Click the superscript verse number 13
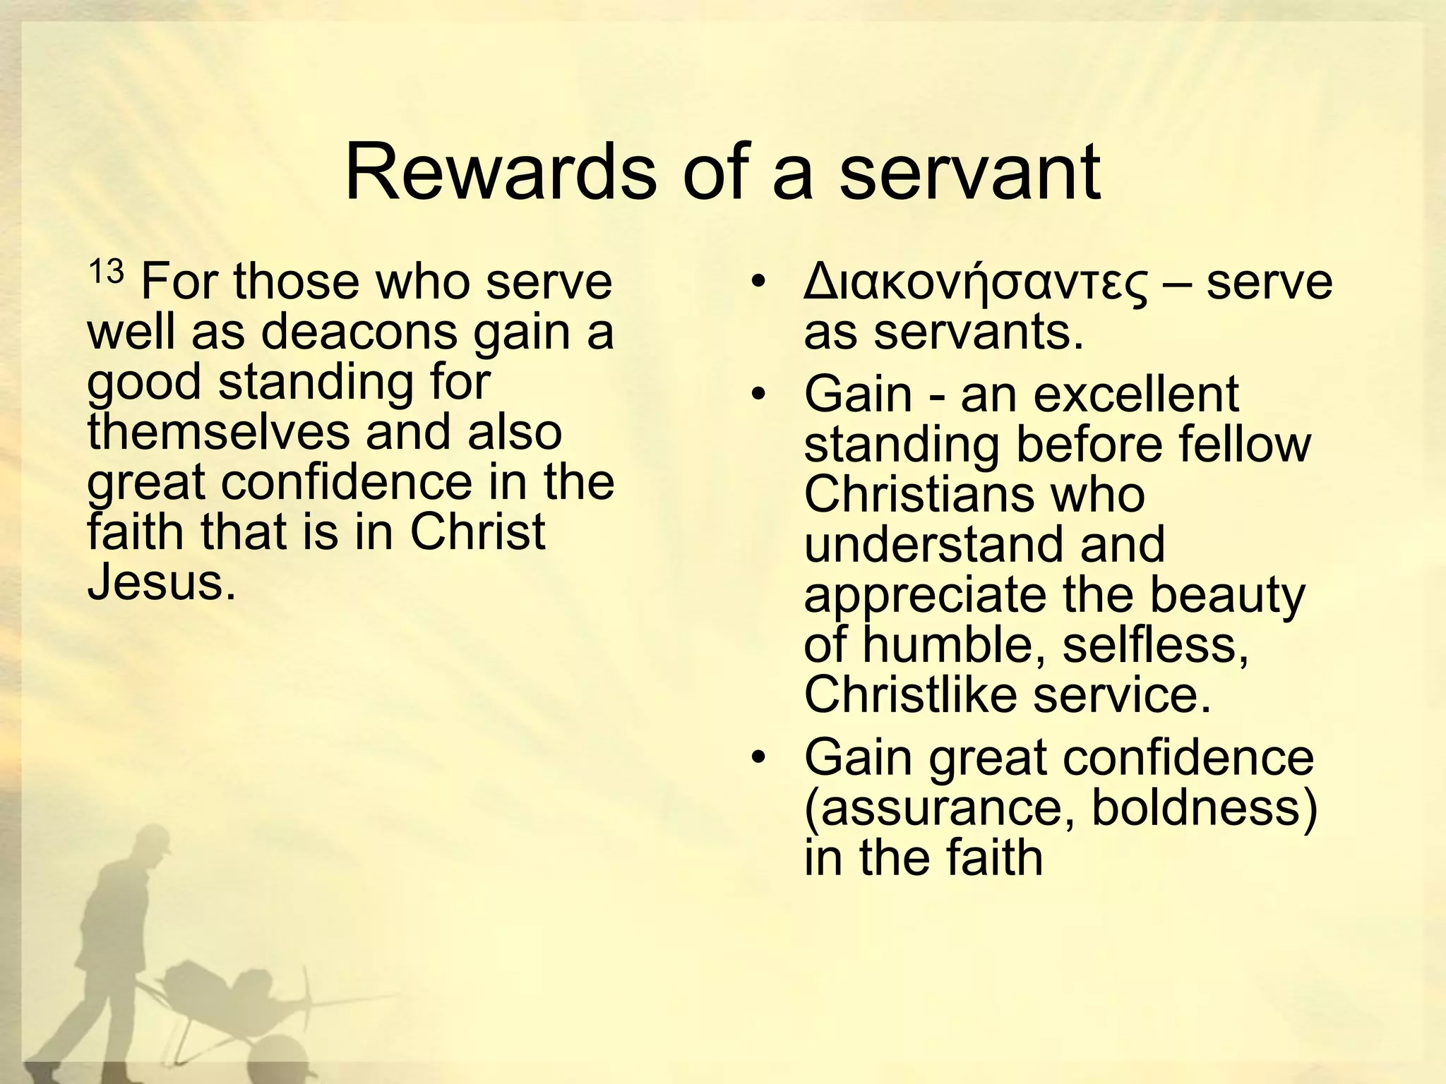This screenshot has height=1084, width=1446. coord(106,272)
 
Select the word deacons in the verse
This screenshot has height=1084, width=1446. coord(359,332)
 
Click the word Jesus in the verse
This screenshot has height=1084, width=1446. coord(161,582)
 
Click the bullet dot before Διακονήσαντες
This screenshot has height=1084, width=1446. coord(758,283)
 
